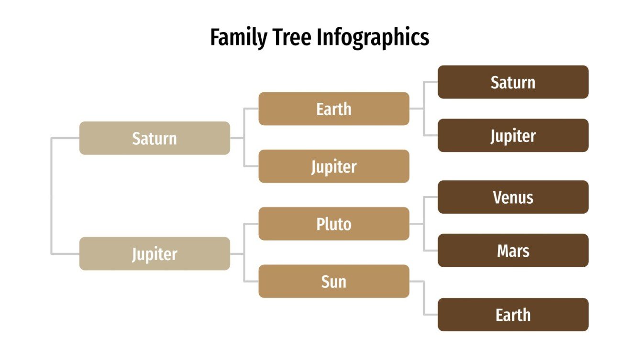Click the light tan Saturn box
pos(154,138)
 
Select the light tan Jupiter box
pos(154,254)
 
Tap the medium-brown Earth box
pos(334,109)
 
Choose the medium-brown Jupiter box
pos(334,166)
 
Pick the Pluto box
pos(334,224)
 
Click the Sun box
pos(334,282)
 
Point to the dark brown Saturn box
pos(513,82)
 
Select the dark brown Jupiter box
pos(513,136)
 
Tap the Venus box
pos(513,197)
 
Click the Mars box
pos(513,251)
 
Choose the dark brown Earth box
pos(513,315)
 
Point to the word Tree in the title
pos(292,38)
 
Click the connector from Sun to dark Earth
pos(424,299)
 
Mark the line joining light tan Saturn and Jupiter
pos(51,196)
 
